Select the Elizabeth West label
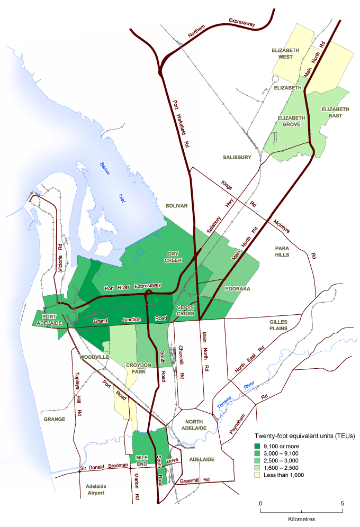[x=286, y=53]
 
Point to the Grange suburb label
[x=53, y=419]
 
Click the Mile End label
[x=140, y=459]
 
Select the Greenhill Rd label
[x=195, y=480]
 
